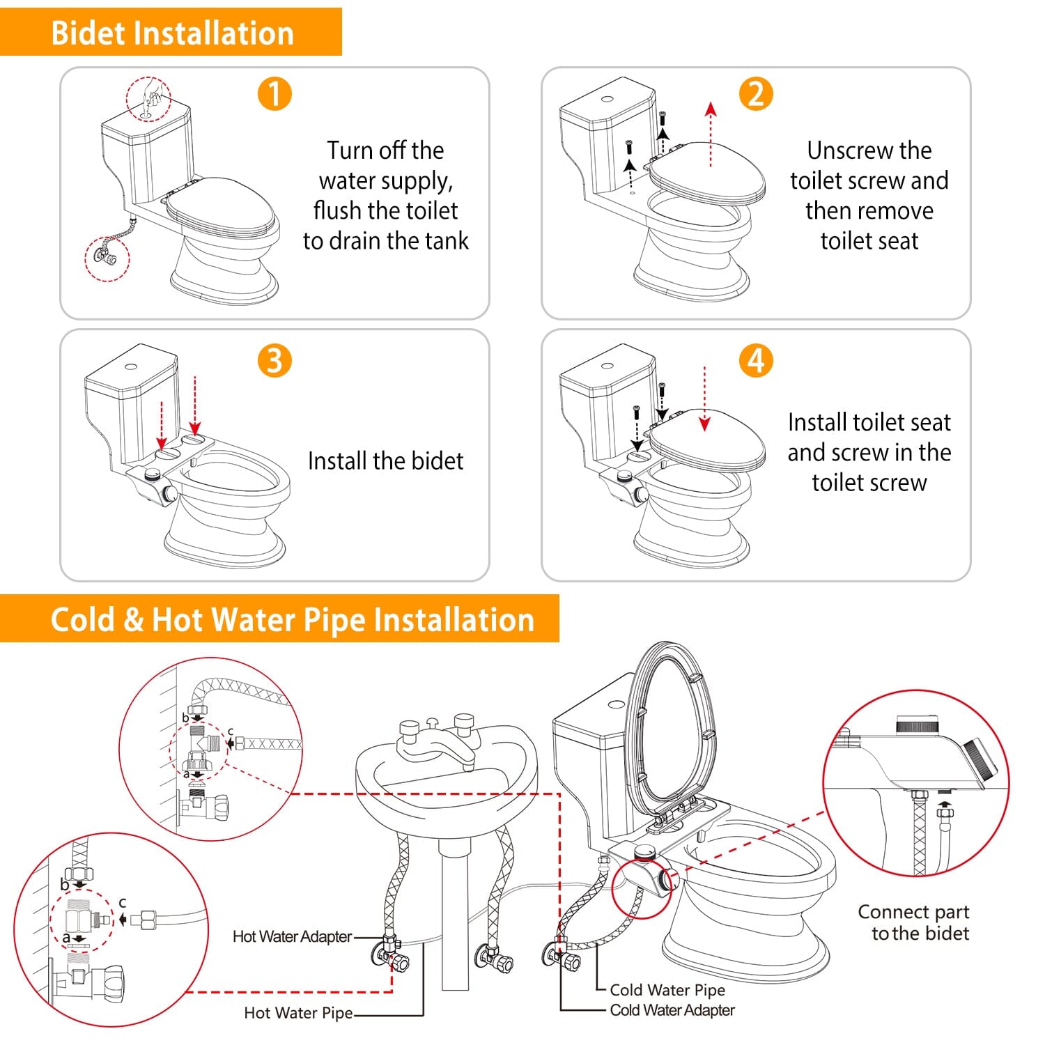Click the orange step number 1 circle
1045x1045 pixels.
[274, 93]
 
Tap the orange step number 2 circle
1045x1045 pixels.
[756, 93]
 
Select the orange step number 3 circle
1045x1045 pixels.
[274, 361]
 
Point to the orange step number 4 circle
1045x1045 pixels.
[756, 361]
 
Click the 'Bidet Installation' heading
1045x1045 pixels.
[172, 33]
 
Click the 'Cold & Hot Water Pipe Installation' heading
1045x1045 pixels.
[293, 619]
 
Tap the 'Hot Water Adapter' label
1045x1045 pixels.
[292, 936]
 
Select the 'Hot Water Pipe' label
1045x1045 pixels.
[298, 1013]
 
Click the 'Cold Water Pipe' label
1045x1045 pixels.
[667, 990]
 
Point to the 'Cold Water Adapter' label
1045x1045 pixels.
[672, 1010]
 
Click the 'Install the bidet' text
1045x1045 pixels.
[385, 460]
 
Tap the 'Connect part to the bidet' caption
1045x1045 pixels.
[913, 922]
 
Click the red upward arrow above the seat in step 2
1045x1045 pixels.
[711, 134]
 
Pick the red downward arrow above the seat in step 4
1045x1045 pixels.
[705, 399]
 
